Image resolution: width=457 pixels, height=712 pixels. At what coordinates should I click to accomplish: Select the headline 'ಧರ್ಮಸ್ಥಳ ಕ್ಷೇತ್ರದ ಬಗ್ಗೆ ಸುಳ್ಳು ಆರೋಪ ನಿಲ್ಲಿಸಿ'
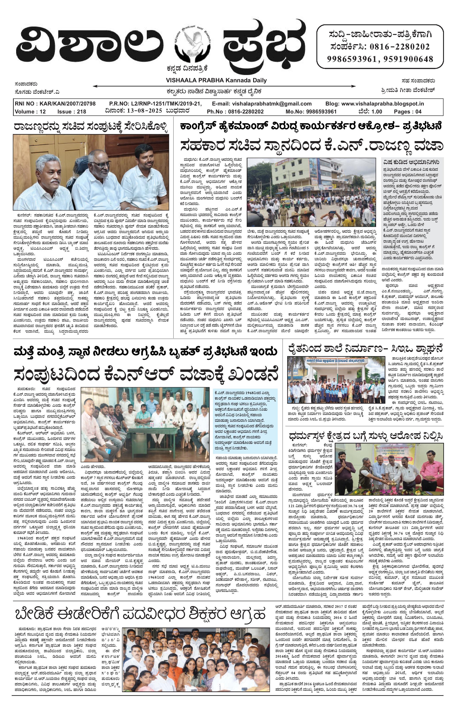(366, 436)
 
